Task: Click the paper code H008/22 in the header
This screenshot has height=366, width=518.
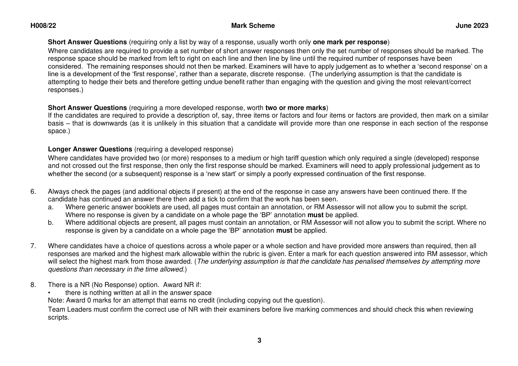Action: click(43, 26)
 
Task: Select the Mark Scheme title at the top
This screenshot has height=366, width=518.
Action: click(253, 26)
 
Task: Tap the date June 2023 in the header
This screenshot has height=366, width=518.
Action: click(472, 26)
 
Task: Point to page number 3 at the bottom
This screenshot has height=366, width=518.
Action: click(259, 341)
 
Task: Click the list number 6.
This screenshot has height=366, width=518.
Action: click(33, 192)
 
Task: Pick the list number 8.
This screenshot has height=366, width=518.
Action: click(33, 285)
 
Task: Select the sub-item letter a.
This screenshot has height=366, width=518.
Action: click(50, 207)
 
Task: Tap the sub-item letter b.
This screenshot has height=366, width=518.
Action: click(50, 223)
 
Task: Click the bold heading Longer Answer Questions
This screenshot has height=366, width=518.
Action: click(90, 149)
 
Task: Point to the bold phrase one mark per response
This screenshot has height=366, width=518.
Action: click(350, 42)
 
